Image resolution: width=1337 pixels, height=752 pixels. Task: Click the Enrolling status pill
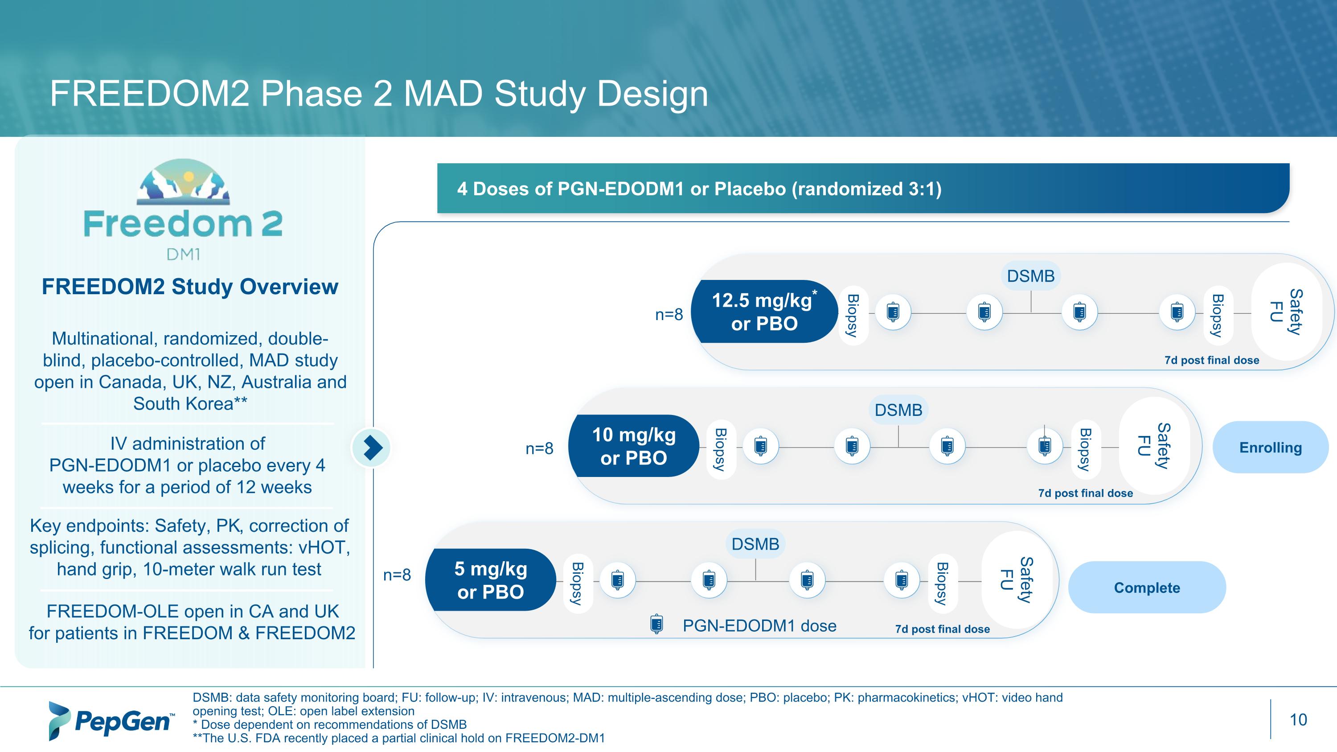[x=1270, y=448]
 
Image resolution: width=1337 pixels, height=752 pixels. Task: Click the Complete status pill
[x=1147, y=588]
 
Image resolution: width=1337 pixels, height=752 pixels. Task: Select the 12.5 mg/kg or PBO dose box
[x=763, y=312]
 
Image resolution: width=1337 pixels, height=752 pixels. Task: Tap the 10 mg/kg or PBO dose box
[x=633, y=446]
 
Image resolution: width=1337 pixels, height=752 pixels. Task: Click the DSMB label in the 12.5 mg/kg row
[x=1030, y=275]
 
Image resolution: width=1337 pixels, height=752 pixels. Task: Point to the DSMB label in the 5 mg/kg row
[x=755, y=544]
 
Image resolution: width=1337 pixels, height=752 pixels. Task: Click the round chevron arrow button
[x=372, y=448]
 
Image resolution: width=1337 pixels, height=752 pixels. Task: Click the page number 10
[x=1298, y=720]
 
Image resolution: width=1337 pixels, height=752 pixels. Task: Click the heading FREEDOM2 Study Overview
[x=190, y=287]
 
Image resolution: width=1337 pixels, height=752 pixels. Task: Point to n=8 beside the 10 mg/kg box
[x=539, y=448]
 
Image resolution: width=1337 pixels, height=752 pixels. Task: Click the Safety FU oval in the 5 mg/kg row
[x=1016, y=579]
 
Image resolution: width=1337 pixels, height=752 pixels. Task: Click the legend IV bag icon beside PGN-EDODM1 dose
[x=656, y=625]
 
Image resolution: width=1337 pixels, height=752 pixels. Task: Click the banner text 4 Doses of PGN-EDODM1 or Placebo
[x=699, y=189]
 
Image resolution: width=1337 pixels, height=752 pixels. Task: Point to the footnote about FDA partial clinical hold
[x=398, y=738]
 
